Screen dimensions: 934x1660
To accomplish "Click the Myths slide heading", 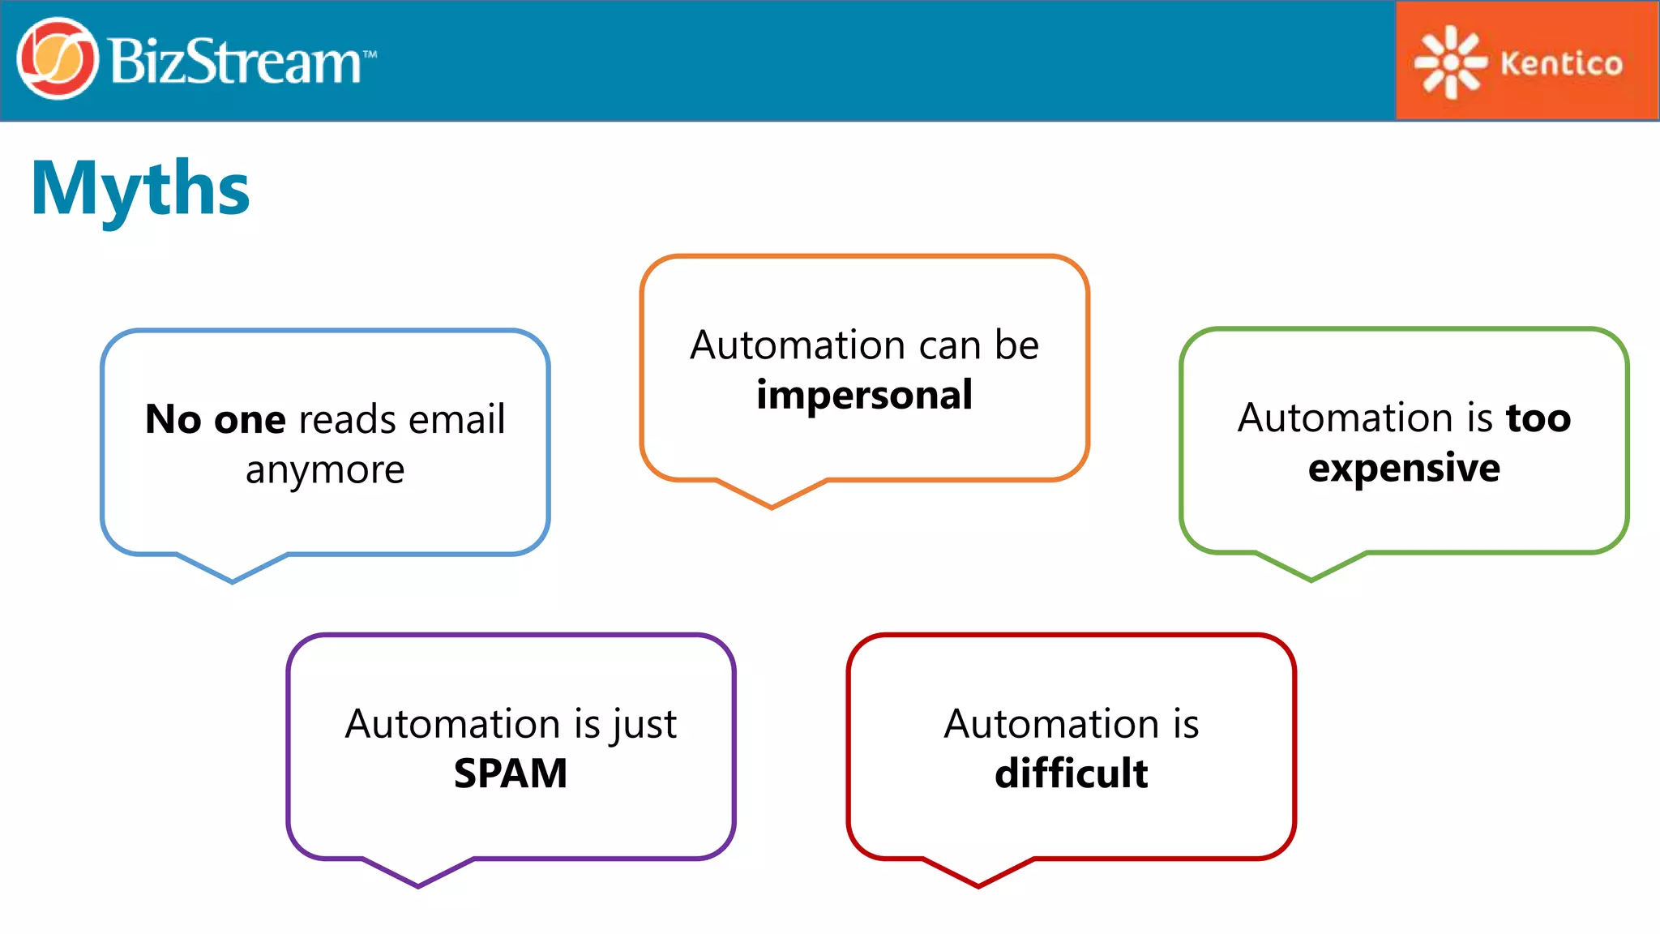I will [140, 188].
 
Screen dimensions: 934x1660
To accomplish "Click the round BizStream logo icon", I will [57, 59].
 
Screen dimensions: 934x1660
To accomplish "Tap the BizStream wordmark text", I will [235, 62].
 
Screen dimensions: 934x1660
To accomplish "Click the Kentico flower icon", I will [1449, 62].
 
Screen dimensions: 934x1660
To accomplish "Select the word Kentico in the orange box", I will [1561, 63].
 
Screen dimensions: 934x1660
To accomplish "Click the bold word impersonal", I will [864, 396].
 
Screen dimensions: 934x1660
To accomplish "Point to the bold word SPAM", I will [511, 773].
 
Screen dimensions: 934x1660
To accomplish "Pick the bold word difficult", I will [1071, 773].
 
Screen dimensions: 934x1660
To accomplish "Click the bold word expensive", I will [1404, 469].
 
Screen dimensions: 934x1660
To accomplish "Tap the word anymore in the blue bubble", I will [325, 470].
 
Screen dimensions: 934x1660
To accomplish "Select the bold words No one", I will [216, 420].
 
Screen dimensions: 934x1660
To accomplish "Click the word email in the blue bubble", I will [456, 420].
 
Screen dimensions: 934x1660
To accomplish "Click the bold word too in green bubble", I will [1538, 418].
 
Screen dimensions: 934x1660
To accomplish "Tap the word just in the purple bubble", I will [644, 724].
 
